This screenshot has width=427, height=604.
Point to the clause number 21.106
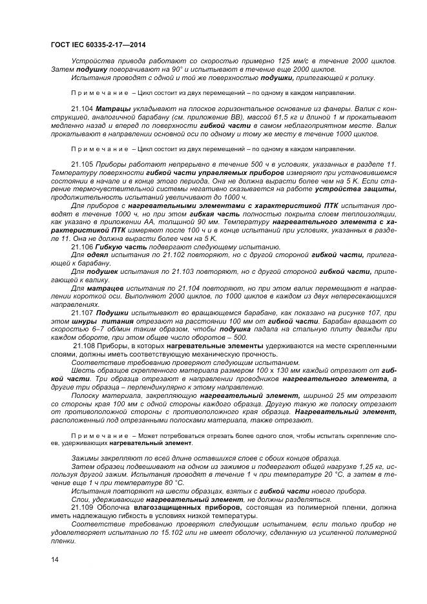[82, 247]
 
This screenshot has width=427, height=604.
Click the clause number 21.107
[82, 312]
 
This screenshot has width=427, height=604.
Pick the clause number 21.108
[85, 346]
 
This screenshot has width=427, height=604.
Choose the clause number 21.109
[82, 508]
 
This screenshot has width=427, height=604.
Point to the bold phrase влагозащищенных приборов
[187, 508]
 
